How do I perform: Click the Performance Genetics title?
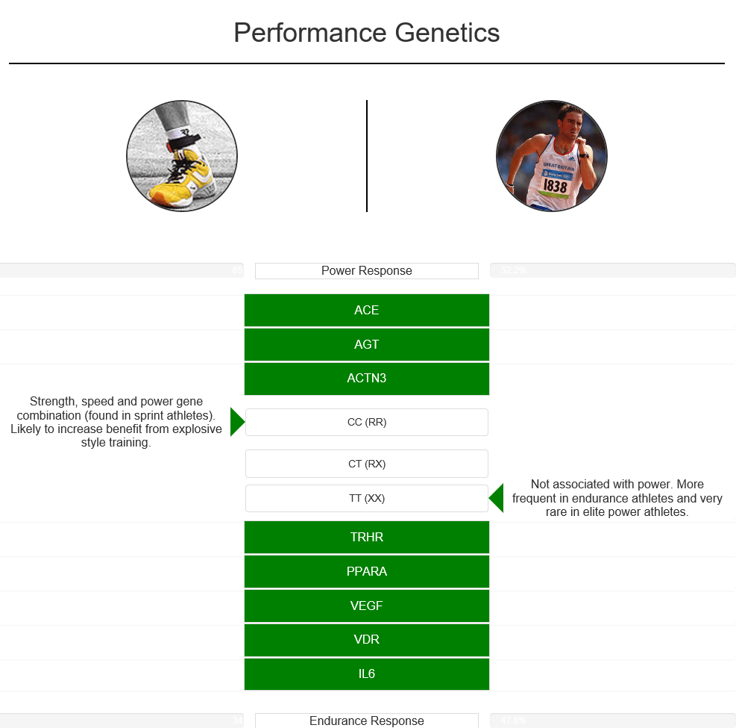[x=366, y=33]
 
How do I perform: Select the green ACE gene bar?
[x=366, y=311]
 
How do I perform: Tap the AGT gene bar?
[x=366, y=344]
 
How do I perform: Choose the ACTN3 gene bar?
[x=366, y=379]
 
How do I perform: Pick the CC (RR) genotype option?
[x=366, y=422]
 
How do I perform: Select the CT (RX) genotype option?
[x=366, y=464]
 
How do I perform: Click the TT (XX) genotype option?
[x=366, y=498]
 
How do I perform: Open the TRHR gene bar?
[x=366, y=538]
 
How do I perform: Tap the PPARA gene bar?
[x=366, y=572]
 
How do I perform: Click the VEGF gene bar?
[x=366, y=606]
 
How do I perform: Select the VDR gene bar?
[x=366, y=640]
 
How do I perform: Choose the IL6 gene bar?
[x=366, y=674]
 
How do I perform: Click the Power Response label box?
[x=366, y=271]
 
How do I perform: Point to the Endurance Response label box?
[x=366, y=721]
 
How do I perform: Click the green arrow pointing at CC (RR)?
[x=236, y=422]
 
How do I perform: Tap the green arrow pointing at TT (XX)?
[x=497, y=498]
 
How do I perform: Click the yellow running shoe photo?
[x=182, y=156]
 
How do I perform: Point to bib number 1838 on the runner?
[x=555, y=185]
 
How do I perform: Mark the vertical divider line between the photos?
[x=367, y=156]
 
